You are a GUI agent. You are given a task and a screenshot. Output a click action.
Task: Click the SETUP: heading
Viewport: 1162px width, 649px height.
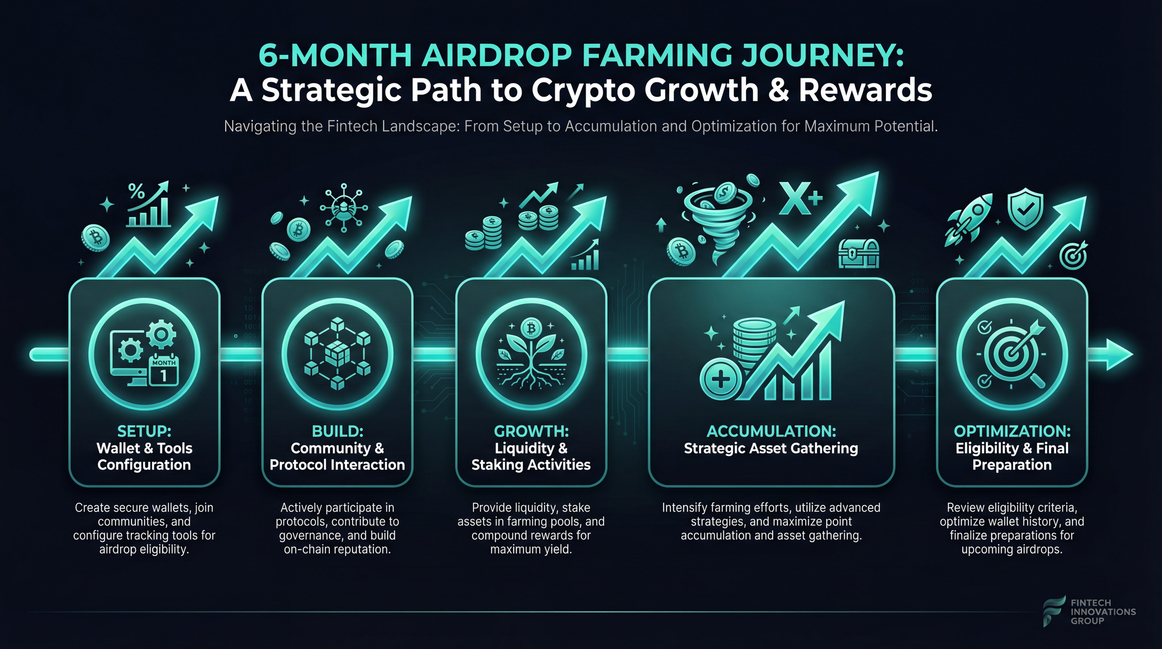click(144, 431)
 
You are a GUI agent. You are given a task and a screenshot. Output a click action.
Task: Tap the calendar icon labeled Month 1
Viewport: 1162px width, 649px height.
click(164, 370)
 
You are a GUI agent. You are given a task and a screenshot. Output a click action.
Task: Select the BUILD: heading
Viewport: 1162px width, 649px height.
click(338, 431)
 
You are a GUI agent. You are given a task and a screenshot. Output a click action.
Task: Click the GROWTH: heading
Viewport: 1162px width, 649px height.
click(531, 431)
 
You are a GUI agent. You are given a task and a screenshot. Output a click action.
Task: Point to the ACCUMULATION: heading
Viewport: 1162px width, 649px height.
click(771, 431)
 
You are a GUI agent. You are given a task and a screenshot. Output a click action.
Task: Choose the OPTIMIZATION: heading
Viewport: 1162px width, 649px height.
click(1012, 431)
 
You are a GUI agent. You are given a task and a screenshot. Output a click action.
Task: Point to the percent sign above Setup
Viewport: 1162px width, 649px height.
click(137, 191)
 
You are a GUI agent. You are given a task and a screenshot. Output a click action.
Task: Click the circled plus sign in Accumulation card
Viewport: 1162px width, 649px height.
click(720, 380)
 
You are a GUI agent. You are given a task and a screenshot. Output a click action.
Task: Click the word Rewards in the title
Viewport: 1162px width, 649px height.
click(865, 90)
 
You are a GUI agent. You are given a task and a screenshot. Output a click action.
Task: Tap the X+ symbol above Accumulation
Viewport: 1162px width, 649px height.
click(801, 198)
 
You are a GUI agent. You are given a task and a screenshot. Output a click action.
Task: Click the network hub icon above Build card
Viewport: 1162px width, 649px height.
click(344, 208)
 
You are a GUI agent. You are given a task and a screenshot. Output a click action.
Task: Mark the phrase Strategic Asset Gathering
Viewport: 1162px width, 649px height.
click(771, 448)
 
